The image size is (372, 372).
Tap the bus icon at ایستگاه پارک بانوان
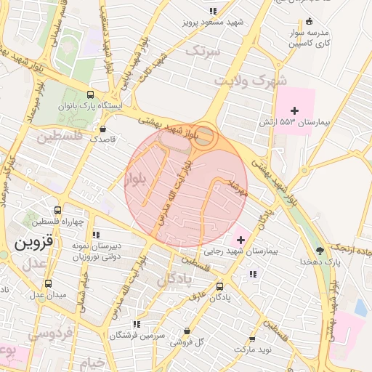click(x=90, y=94)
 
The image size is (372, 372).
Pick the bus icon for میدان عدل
click(x=48, y=283)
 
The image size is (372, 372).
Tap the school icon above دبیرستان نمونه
click(x=96, y=235)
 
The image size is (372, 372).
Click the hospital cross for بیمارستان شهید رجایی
click(x=240, y=239)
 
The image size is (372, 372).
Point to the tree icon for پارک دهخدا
click(x=320, y=250)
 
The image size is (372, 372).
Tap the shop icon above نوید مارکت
click(x=252, y=339)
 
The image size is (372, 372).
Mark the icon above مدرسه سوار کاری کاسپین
click(x=310, y=21)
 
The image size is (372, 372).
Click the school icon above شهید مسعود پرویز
click(x=213, y=11)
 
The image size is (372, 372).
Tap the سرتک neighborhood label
click(x=202, y=51)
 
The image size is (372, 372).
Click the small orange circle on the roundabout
click(x=206, y=137)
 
